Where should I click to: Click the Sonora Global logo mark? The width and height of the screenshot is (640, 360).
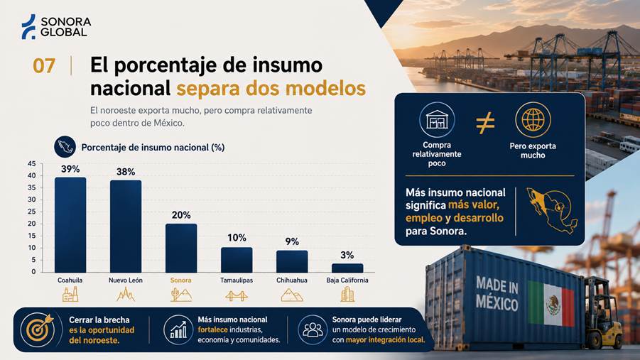(28, 27)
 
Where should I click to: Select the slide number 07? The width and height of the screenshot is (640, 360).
(43, 66)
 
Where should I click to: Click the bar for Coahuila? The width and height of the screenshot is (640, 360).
(70, 224)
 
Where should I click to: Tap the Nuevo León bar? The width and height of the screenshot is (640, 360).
(126, 226)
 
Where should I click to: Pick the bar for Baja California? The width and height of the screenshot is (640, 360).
(347, 268)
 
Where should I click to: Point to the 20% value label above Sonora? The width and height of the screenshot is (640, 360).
(181, 215)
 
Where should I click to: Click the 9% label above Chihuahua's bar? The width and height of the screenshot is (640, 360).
(292, 241)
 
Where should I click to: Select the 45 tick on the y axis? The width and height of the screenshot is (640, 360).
(32, 164)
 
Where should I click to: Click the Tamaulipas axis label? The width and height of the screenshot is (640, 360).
(237, 280)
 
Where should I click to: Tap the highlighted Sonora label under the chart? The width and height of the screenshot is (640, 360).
(181, 280)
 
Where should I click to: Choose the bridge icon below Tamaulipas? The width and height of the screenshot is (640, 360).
(237, 296)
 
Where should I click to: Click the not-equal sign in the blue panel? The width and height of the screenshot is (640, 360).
(485, 123)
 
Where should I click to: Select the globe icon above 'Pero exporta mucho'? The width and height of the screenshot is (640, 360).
(533, 120)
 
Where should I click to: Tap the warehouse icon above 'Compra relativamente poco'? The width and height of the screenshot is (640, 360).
(437, 119)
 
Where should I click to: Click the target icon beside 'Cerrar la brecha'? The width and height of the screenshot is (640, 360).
(38, 329)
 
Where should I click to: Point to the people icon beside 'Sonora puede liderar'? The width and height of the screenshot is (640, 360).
(313, 329)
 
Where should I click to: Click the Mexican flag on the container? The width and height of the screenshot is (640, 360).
(551, 303)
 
